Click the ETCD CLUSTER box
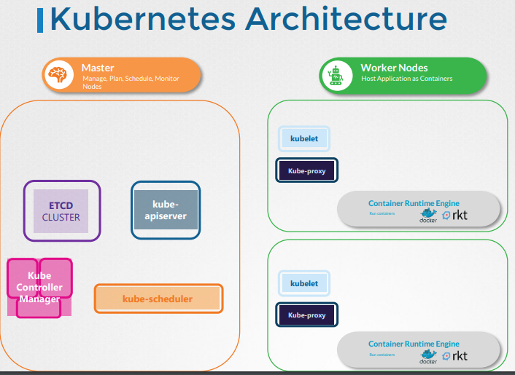(61, 211)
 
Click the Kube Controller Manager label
(40, 287)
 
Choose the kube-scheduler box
(158, 299)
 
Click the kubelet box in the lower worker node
(304, 283)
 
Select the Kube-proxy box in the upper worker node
(306, 171)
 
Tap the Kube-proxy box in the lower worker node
(306, 315)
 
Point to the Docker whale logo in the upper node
(428, 216)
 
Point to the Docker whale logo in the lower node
(428, 357)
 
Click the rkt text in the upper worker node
(460, 216)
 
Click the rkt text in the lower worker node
(460, 356)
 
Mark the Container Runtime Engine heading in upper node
(414, 203)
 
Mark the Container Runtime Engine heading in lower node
(414, 344)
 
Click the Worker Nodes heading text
(394, 68)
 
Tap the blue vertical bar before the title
(39, 20)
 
